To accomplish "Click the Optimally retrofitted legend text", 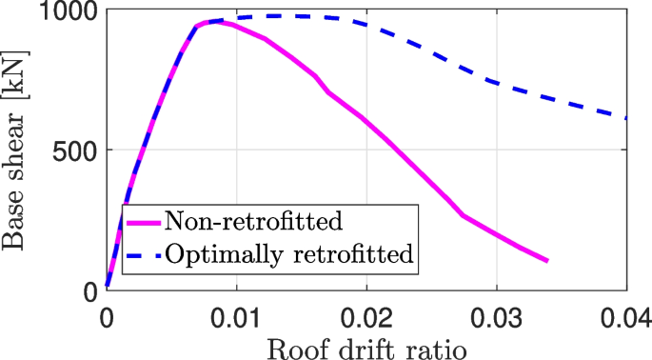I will tap(290, 254).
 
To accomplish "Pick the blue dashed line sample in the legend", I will tap(142, 255).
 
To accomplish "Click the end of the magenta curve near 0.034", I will tap(547, 261).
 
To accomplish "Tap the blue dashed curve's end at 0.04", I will tap(625, 118).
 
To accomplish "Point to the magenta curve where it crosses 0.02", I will tap(366, 121).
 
